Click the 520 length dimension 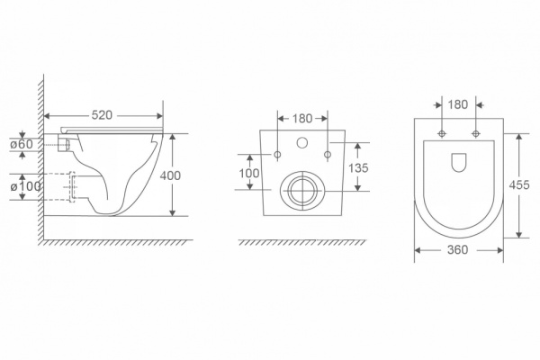(x=102, y=115)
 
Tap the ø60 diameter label (x=22, y=144)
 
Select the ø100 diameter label (x=25, y=186)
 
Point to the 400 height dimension (x=170, y=175)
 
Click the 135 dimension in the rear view (x=358, y=167)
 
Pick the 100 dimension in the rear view (x=249, y=173)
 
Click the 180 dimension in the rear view (x=302, y=119)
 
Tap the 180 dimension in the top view (x=458, y=104)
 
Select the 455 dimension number (x=519, y=185)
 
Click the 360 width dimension (x=458, y=250)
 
